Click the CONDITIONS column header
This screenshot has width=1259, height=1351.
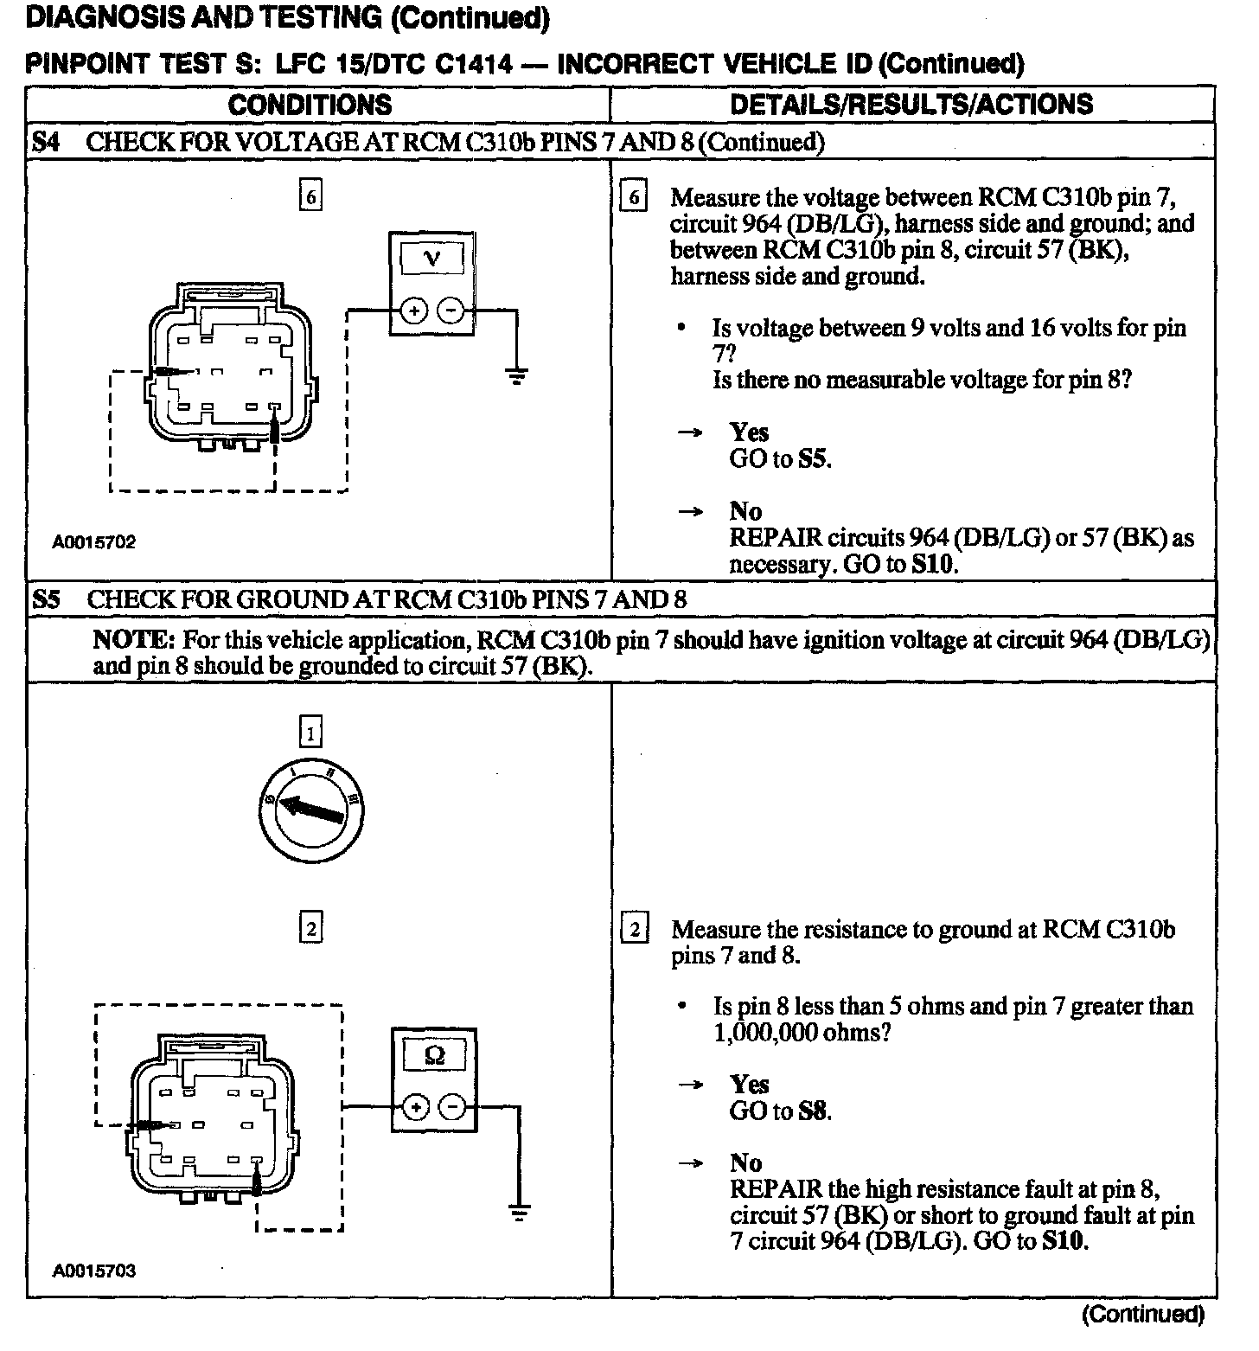[310, 105]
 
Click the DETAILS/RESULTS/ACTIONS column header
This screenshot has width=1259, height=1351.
[911, 105]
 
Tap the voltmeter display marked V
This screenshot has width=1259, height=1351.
[432, 258]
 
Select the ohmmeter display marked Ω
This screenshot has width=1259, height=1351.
[435, 1055]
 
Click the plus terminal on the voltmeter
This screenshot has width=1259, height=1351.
[413, 311]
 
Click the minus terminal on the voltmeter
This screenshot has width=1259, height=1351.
[451, 311]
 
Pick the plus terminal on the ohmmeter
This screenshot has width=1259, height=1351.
[416, 1107]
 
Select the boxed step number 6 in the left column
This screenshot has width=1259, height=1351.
[310, 197]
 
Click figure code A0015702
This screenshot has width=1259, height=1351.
[93, 542]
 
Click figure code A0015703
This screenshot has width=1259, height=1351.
[93, 1271]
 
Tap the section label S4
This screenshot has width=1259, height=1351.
[46, 142]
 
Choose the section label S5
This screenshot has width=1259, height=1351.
[46, 599]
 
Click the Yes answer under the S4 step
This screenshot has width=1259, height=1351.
[749, 432]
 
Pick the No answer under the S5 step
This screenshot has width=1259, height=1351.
[745, 1162]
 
